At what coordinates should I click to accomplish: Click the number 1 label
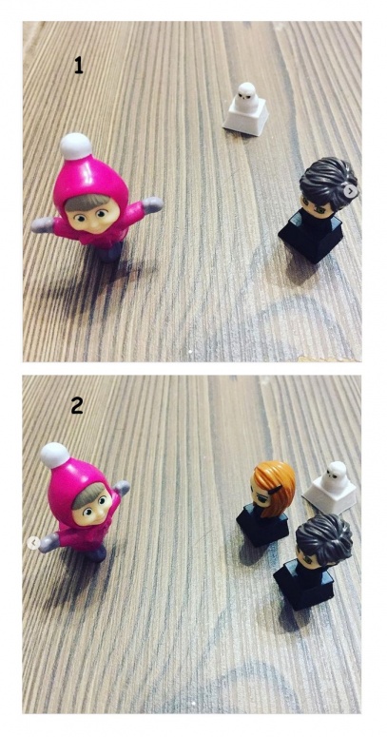pyautogui.click(x=79, y=66)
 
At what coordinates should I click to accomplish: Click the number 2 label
pyautogui.click(x=77, y=405)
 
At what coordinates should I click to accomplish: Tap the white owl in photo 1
pyautogui.click(x=246, y=98)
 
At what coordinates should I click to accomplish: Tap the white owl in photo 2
pyautogui.click(x=337, y=476)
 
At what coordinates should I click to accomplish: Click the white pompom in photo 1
pyautogui.click(x=76, y=146)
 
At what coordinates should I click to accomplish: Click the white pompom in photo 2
pyautogui.click(x=55, y=456)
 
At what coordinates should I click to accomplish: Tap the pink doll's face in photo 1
pyautogui.click(x=93, y=216)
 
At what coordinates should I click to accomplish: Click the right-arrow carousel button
pyautogui.click(x=350, y=191)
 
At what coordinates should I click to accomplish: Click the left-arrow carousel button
pyautogui.click(x=33, y=543)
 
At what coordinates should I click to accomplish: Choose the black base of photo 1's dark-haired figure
pyautogui.click(x=311, y=235)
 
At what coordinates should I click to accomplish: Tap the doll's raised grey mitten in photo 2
pyautogui.click(x=122, y=488)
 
